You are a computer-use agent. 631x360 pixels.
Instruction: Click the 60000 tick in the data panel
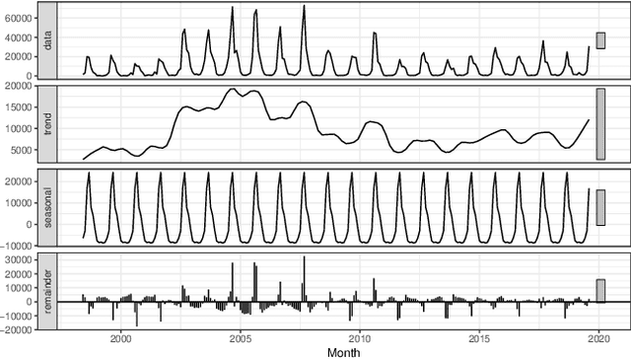tap(19, 18)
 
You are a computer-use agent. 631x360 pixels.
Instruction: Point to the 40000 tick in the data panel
tap(19, 36)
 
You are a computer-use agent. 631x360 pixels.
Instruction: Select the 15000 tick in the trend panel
tap(19, 108)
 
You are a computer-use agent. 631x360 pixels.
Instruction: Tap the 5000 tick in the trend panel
tap(21, 151)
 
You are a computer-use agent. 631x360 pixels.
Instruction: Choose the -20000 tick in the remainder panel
tap(18, 330)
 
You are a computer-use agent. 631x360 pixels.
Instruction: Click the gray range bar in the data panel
tap(599, 40)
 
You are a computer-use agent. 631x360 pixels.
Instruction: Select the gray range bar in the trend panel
tap(599, 124)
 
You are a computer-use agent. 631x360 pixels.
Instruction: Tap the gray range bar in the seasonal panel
tap(599, 207)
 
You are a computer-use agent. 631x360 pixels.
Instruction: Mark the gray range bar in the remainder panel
tap(599, 290)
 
